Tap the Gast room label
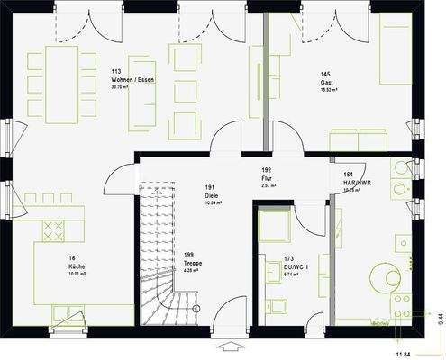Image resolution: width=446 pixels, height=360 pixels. click(x=326, y=81)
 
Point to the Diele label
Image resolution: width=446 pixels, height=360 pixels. click(x=213, y=193)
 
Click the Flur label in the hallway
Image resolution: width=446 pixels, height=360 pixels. click(x=267, y=177)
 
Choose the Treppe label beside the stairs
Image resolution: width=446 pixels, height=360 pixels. click(x=192, y=263)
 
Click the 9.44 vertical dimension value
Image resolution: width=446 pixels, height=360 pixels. click(x=440, y=316)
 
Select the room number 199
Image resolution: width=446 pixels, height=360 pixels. click(x=190, y=255)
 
